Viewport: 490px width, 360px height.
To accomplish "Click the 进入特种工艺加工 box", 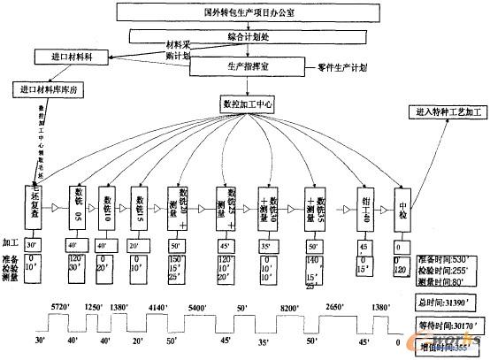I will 446,114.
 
